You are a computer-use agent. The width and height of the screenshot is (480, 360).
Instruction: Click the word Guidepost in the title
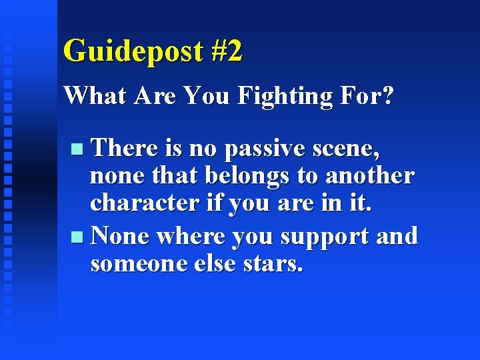pyautogui.click(x=133, y=51)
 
